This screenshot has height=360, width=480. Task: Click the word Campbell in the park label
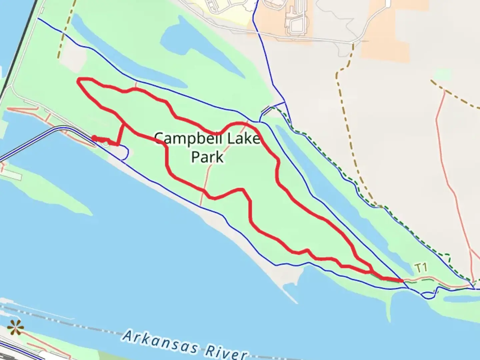pos(184,138)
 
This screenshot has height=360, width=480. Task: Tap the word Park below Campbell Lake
pos(207,157)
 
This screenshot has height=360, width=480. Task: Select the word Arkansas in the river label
pos(160,342)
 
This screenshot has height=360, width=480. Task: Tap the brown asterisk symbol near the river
pos(15,328)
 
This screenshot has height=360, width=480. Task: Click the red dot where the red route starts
pos(94,138)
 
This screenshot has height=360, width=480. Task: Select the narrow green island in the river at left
pos(50,193)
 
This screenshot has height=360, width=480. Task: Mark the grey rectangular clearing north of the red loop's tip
pos(73,57)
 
